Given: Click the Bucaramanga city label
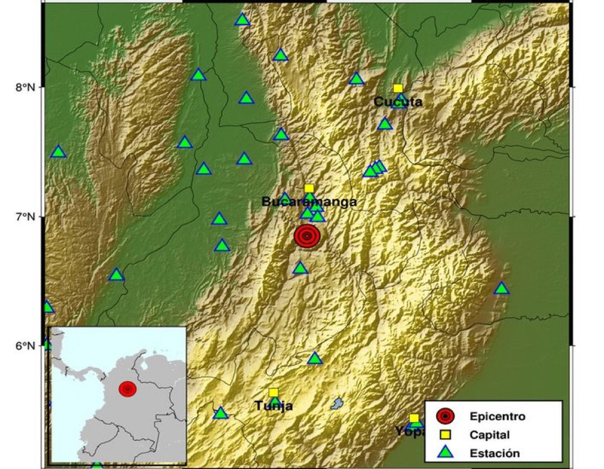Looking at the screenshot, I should pos(309,202).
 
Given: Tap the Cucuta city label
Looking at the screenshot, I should pos(398,101).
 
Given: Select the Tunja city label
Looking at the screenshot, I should pos(274,405).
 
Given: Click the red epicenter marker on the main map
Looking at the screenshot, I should pos(307,236).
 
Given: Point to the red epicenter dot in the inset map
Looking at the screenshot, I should pos(127,388).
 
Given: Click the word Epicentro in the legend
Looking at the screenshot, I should pos(497,416).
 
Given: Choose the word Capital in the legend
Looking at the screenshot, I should pos(489,435).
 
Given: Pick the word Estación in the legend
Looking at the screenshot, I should pos(495,453).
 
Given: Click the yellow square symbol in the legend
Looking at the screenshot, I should pos(445,434).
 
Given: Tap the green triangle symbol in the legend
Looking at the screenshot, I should pos(445,453).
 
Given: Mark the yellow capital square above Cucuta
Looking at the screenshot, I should pos(398,88).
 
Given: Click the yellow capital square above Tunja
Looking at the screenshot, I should pos(273,392).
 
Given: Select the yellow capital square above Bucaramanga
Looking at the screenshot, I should pos(309,188).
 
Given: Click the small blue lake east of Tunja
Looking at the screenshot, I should pos(337,403).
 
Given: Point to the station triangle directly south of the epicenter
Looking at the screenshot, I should pos(300,268).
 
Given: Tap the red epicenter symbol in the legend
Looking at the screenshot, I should pos(445,416).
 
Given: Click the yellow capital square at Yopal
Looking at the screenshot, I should pos(414,418).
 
